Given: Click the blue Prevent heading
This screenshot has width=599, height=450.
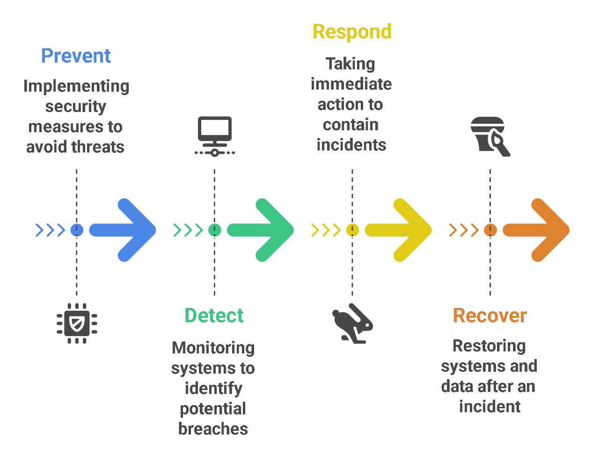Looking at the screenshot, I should (x=76, y=56).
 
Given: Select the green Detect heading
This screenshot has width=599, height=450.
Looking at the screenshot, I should (x=214, y=315).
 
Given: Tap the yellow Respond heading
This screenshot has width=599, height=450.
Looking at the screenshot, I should (x=352, y=32).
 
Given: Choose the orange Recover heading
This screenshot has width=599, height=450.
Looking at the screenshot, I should (x=489, y=315).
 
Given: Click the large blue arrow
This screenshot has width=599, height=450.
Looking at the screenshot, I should (x=124, y=230).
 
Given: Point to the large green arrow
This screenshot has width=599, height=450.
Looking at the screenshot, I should (x=262, y=230).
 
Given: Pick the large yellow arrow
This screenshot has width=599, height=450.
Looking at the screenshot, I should (x=400, y=230).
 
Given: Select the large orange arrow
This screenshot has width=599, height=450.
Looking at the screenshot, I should (x=538, y=230).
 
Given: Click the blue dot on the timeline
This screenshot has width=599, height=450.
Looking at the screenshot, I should (x=77, y=230).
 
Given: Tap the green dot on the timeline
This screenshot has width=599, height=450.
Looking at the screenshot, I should (x=214, y=230).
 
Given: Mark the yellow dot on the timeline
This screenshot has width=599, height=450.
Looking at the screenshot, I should (x=352, y=230).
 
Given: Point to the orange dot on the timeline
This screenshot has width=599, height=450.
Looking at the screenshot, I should (x=490, y=230).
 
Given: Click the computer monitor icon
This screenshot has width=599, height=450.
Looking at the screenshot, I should (x=214, y=135).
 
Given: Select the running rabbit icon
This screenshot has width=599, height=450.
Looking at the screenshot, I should (x=352, y=323).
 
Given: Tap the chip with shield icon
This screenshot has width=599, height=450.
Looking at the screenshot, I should (x=77, y=323).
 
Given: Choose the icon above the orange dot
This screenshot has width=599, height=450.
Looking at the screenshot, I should (x=490, y=136).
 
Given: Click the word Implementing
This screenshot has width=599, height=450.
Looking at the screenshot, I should (x=76, y=86).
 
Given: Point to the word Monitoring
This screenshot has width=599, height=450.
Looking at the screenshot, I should (x=213, y=348).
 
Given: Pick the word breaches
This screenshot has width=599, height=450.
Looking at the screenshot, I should (x=213, y=429).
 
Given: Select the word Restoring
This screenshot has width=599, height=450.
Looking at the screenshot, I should (x=489, y=346).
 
